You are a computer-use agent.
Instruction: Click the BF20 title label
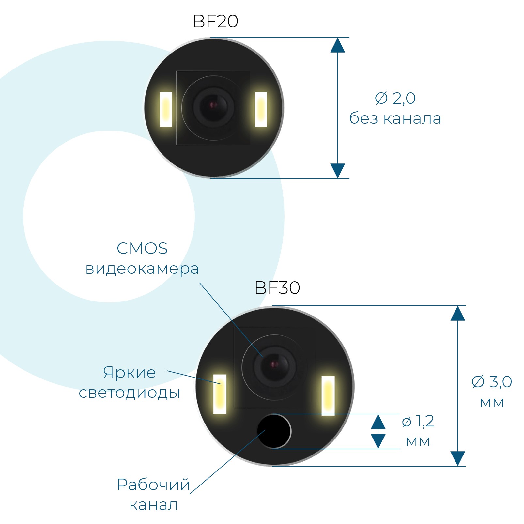point(215,22)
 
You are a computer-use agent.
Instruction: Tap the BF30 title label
point(277,288)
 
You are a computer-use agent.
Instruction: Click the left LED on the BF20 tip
point(166,109)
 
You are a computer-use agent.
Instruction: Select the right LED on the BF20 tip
point(261,109)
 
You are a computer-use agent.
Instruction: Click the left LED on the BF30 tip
point(220,394)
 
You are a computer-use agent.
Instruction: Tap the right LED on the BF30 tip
point(328,396)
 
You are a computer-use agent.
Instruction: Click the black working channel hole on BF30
point(274,431)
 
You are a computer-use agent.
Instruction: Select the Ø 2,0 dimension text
point(395,98)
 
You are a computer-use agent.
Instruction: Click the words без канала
point(395,118)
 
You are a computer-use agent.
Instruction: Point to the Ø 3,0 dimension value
point(492,381)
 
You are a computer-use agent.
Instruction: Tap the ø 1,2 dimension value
point(418,421)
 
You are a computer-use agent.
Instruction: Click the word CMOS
point(142,248)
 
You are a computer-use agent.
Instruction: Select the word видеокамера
point(142,269)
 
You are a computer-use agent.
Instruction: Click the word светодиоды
point(129,393)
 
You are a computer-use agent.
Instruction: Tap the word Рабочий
point(153,485)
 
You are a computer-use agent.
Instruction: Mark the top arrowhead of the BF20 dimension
point(338,45)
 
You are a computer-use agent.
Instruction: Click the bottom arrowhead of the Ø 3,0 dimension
point(458,458)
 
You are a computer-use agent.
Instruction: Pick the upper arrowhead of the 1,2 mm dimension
point(378,422)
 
